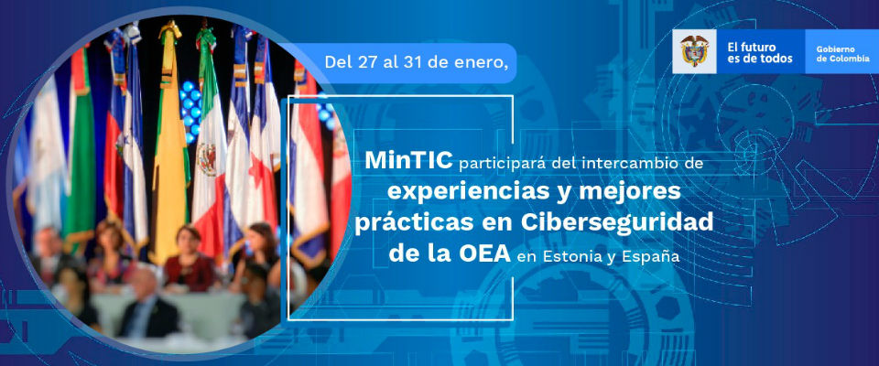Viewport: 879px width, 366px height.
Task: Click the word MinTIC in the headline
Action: [x=408, y=161]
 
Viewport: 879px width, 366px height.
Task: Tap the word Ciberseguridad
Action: [x=616, y=222]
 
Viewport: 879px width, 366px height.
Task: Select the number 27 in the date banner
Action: [x=365, y=62]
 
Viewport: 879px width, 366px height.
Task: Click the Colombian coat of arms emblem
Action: [x=695, y=51]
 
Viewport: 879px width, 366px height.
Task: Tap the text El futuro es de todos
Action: [x=760, y=53]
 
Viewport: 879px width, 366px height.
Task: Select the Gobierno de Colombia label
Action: [x=843, y=53]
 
